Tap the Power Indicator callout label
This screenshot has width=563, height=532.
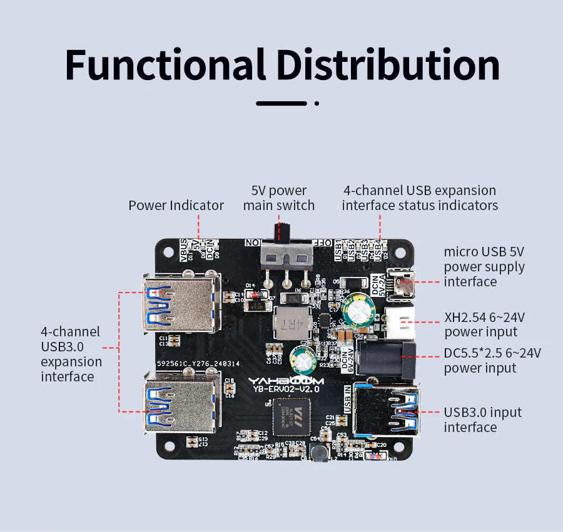(x=176, y=205)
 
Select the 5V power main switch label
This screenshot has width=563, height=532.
(x=279, y=198)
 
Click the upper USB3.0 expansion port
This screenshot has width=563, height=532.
(x=181, y=304)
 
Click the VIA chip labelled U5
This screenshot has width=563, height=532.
(x=285, y=416)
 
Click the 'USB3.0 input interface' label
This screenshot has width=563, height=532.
(x=482, y=419)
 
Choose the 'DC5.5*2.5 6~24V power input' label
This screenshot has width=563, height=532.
(x=492, y=360)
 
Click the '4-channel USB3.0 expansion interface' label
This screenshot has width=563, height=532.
(x=71, y=354)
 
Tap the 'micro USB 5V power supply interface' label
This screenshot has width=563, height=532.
(x=484, y=266)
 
